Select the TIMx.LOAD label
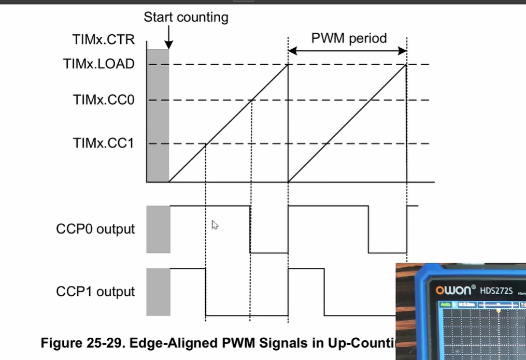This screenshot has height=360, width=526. point(99,64)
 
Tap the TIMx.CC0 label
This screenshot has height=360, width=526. point(103,100)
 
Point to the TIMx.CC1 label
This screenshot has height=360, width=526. point(103,143)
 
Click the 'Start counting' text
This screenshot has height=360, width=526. point(186,17)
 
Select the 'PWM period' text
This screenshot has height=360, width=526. point(348,38)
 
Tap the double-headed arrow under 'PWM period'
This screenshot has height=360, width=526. point(347,51)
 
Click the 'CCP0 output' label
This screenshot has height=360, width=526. point(95,229)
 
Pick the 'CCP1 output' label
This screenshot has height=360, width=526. point(95,292)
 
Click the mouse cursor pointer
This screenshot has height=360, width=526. point(215,225)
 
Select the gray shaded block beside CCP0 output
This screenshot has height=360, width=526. point(158,229)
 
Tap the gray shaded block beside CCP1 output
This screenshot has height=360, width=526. point(158,292)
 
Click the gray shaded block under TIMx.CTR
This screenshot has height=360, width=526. point(158,115)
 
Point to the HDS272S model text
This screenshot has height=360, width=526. point(495,291)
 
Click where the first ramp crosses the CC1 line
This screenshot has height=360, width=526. point(206,143)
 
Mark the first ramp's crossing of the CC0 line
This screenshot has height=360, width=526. point(251,100)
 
